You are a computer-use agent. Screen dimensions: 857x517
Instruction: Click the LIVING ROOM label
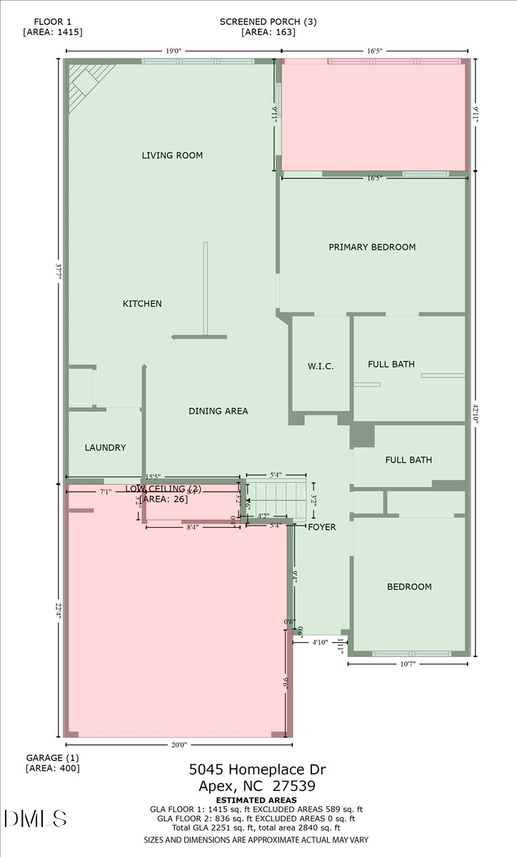click(x=172, y=155)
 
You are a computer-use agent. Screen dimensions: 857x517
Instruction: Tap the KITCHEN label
click(x=142, y=304)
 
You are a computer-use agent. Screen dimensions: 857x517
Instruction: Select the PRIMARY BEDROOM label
click(x=371, y=247)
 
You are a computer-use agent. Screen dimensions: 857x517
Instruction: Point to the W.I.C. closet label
click(x=321, y=366)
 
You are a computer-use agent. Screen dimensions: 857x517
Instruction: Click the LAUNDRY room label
click(x=105, y=448)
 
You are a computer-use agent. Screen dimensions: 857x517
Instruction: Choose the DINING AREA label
click(x=218, y=411)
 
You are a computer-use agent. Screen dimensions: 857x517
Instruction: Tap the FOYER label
click(x=321, y=527)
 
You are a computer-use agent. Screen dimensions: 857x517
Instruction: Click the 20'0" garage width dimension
click(x=179, y=745)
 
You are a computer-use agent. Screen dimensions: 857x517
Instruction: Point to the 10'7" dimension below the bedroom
click(x=408, y=664)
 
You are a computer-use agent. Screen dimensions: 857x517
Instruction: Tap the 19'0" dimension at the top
click(x=174, y=51)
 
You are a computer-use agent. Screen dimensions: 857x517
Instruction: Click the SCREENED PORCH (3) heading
click(x=268, y=21)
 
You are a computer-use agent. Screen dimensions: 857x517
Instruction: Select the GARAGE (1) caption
click(x=52, y=757)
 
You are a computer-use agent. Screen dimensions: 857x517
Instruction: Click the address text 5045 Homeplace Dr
click(x=257, y=769)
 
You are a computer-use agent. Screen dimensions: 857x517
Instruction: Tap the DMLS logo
click(x=35, y=818)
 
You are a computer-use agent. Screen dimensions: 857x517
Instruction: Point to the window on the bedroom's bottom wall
click(x=411, y=653)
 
